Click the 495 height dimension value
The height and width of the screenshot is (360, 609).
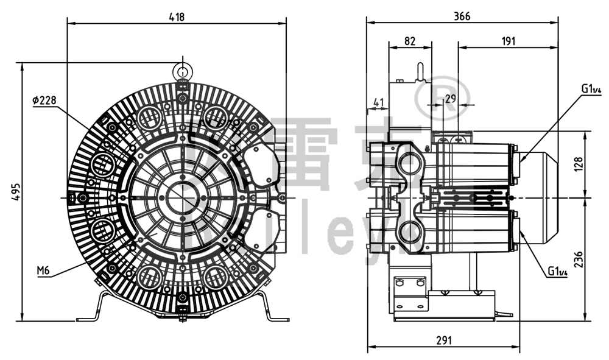16,190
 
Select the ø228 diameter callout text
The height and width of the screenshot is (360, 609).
44,100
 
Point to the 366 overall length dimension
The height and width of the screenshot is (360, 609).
462,16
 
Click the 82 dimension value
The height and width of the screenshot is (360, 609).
410,41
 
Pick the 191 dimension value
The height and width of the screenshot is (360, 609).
508,41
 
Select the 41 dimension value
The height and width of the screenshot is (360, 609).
379,103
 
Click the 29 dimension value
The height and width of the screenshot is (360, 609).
450,98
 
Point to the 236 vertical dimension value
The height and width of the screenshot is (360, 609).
579,259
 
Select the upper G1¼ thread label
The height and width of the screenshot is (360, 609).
591,90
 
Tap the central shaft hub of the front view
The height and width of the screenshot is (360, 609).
182,198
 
